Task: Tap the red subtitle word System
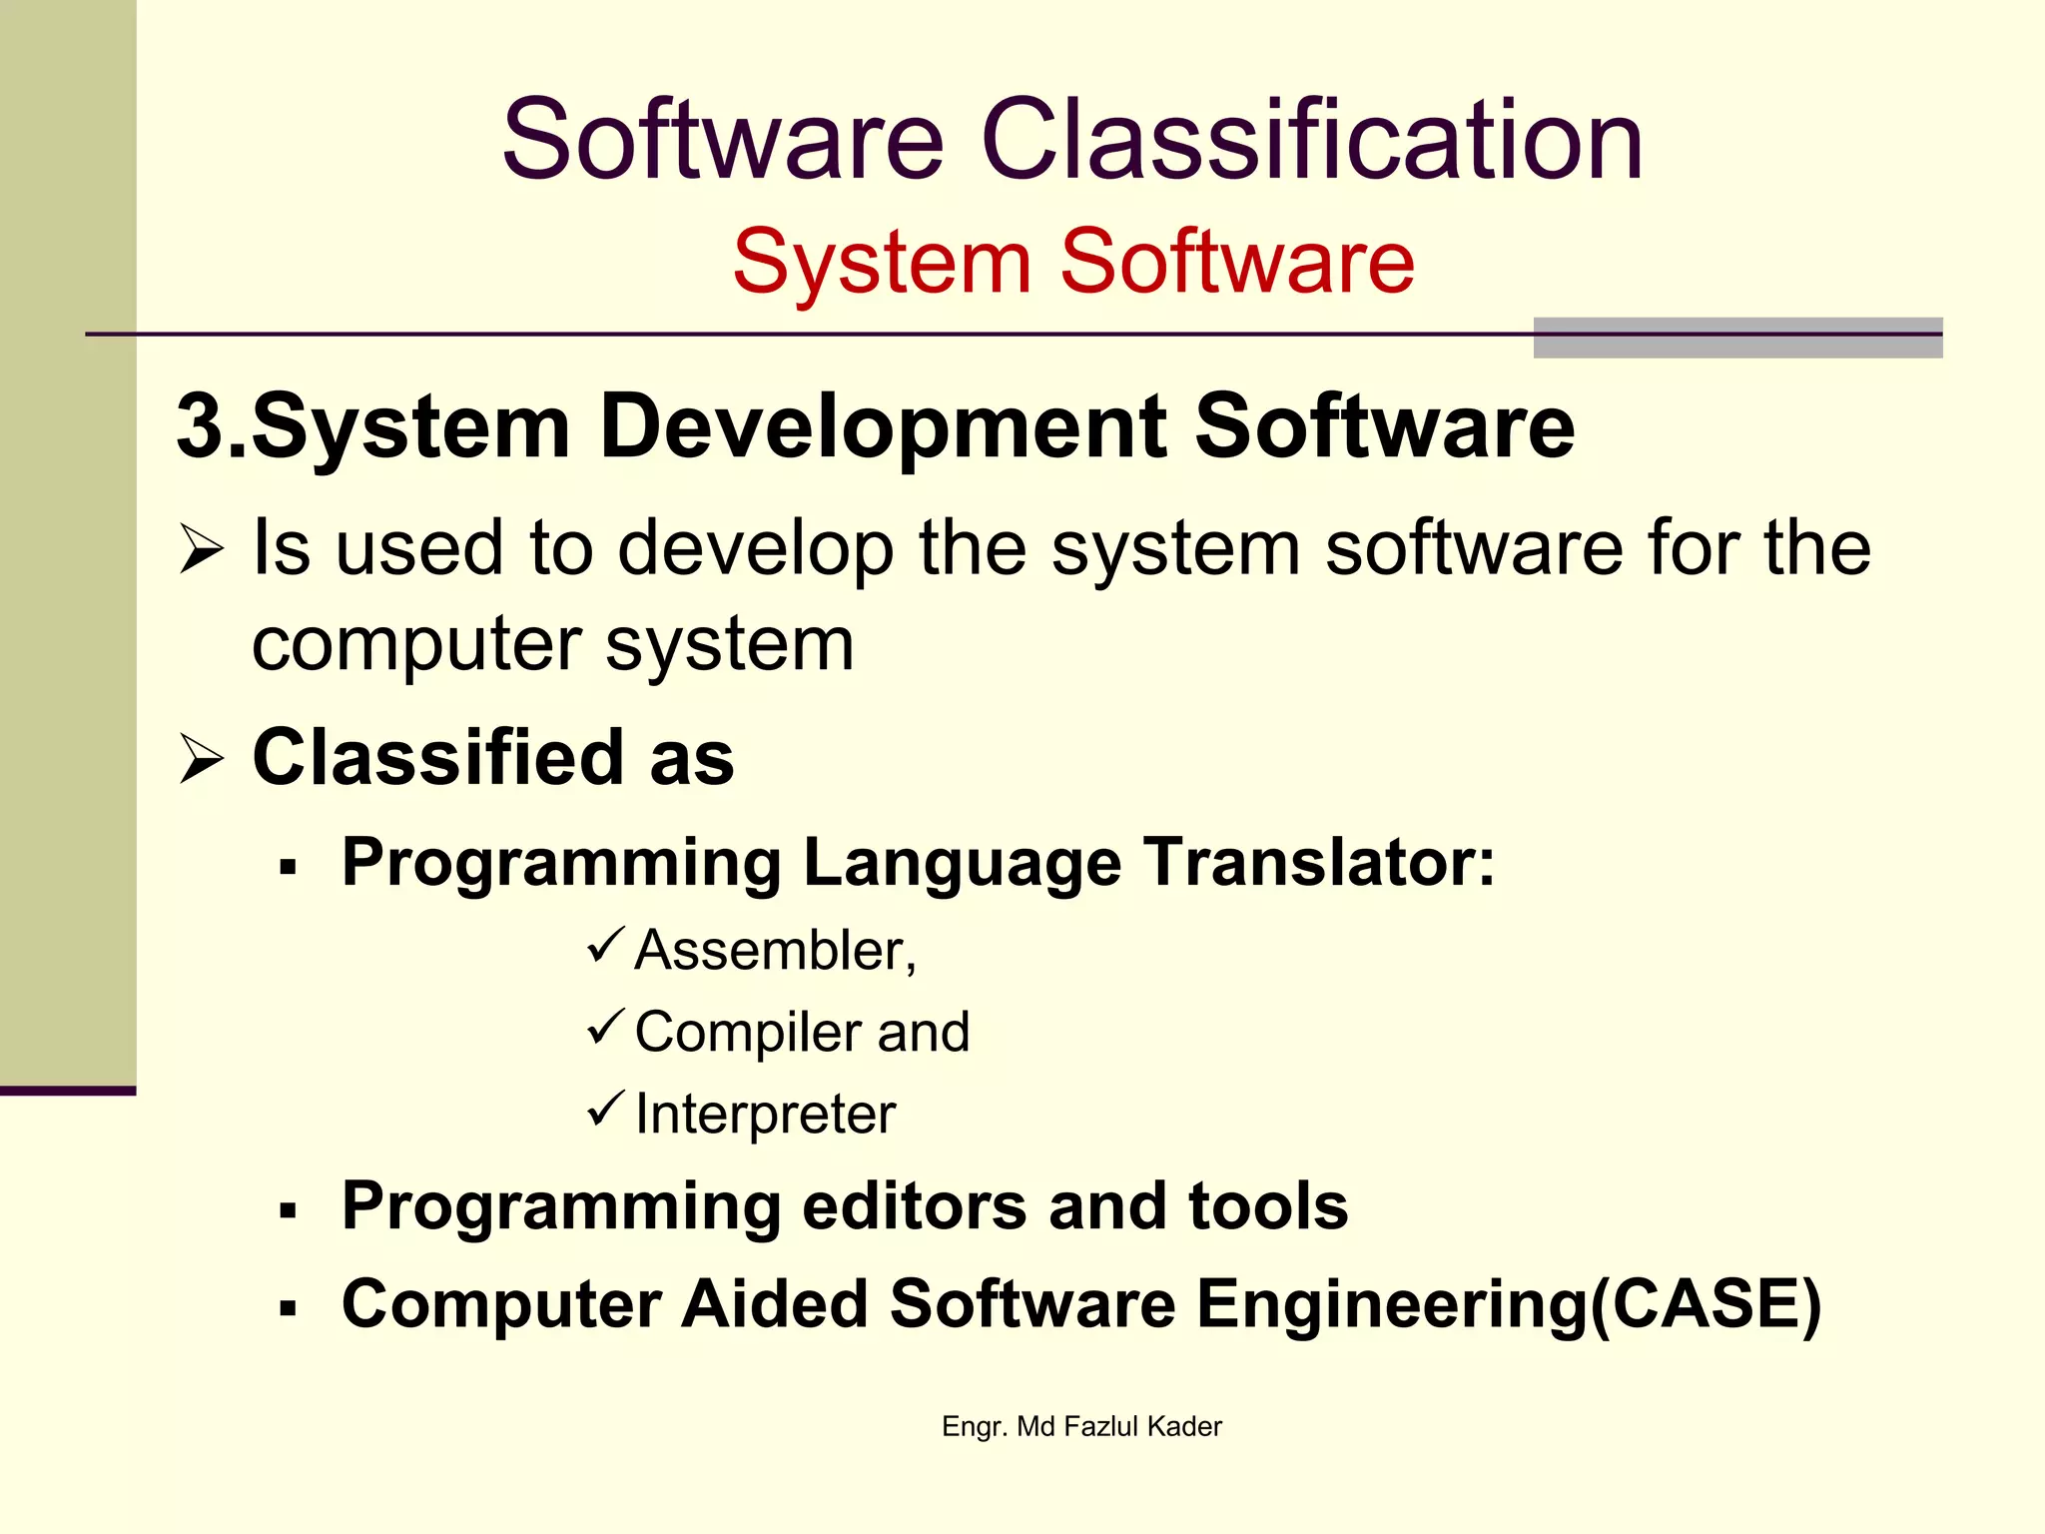(x=882, y=262)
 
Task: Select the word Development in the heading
(x=884, y=428)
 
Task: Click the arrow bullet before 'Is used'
(x=202, y=550)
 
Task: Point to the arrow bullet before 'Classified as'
(x=202, y=759)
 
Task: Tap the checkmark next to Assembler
(x=605, y=945)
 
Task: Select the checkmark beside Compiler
(x=605, y=1027)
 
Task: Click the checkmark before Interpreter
(x=605, y=1109)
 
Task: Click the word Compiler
(x=750, y=1032)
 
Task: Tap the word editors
(x=914, y=1205)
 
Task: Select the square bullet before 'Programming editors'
(x=289, y=1211)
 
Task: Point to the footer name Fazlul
(x=1101, y=1426)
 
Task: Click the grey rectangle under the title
(x=1737, y=338)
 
